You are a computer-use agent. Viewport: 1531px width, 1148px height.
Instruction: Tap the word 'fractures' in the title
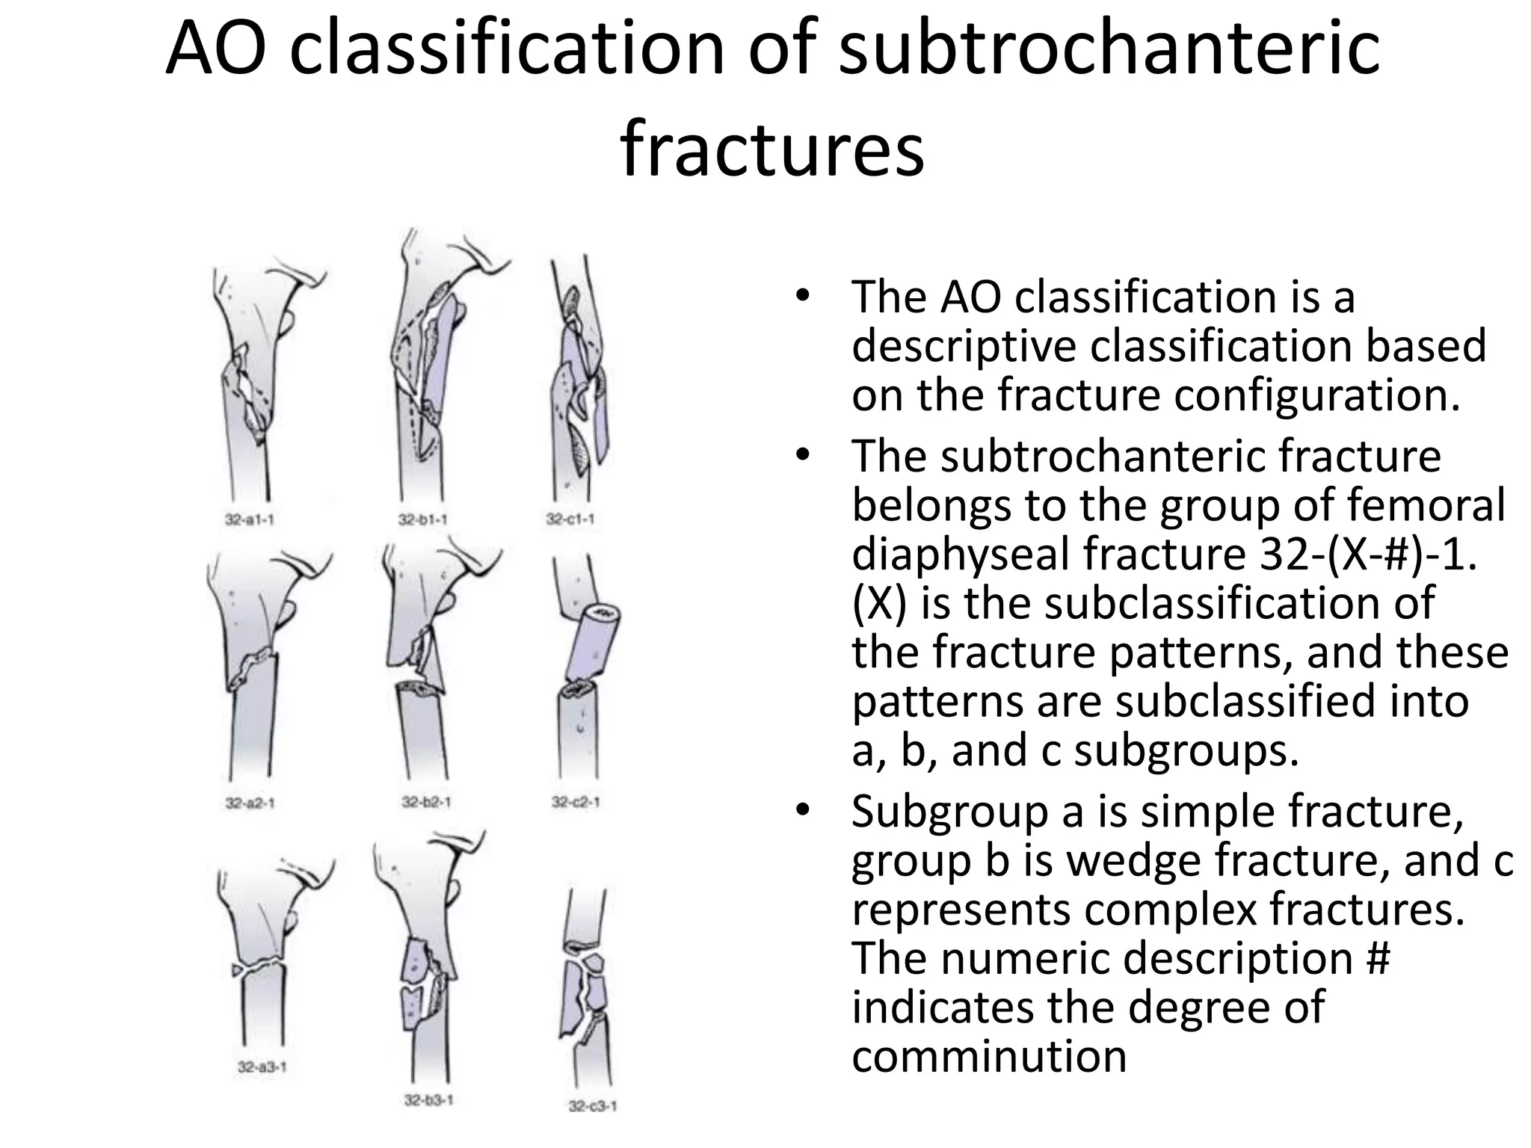coord(771,149)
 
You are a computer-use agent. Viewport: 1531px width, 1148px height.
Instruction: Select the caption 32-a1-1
coord(249,519)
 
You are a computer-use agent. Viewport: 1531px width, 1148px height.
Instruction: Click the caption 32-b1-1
coord(422,519)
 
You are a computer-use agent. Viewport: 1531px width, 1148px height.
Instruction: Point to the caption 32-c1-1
coord(570,519)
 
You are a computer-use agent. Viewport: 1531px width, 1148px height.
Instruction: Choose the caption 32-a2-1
coord(250,803)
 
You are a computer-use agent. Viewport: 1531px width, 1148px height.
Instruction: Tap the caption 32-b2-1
coord(426,802)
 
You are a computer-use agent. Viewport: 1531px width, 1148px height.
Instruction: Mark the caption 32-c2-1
coord(576,802)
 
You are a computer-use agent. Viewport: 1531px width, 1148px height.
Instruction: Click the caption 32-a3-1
coord(262,1067)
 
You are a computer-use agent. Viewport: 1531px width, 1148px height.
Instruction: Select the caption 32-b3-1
coord(428,1100)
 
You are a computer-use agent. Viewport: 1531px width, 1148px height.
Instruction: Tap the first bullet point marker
coord(803,296)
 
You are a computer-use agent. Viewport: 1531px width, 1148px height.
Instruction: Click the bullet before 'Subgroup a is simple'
coord(803,810)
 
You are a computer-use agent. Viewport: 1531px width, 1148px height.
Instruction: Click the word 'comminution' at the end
coord(988,1057)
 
